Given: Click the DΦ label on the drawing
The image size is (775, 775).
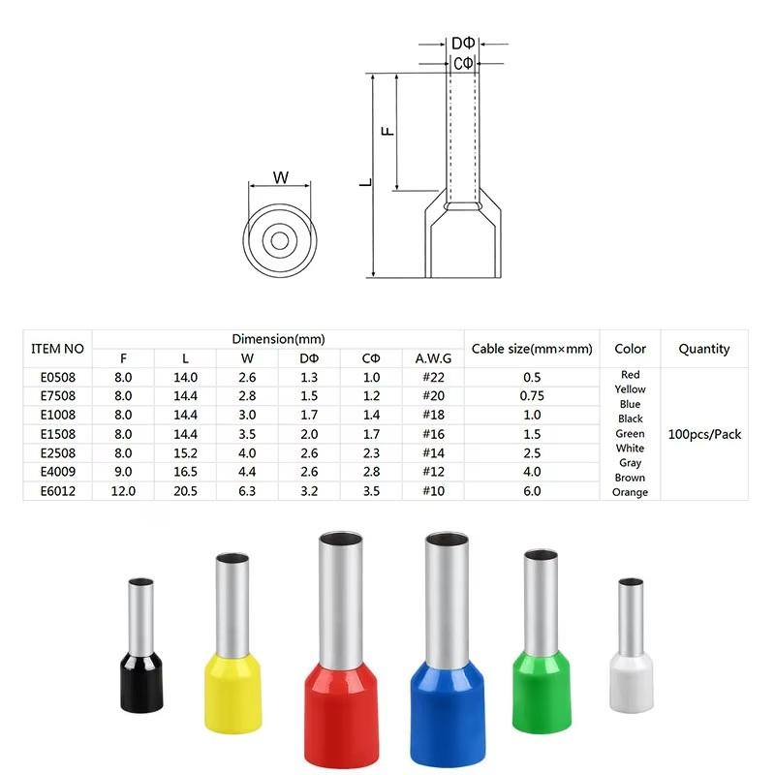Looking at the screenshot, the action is click(x=463, y=44).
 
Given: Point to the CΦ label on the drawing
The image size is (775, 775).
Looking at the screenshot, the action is click(x=463, y=64).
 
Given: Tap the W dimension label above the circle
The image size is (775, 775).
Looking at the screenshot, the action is click(x=281, y=177).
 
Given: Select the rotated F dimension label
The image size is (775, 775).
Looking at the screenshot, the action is click(x=388, y=131).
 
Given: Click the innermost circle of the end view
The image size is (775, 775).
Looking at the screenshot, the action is click(x=280, y=240).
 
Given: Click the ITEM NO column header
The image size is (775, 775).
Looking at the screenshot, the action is click(x=57, y=349).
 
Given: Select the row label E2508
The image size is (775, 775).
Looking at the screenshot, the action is click(x=58, y=452).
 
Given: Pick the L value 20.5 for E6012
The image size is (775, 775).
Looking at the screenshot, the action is click(x=185, y=491).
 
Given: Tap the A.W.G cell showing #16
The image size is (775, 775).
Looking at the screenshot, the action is click(x=433, y=434).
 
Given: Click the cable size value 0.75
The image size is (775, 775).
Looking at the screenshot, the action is click(x=532, y=396).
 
